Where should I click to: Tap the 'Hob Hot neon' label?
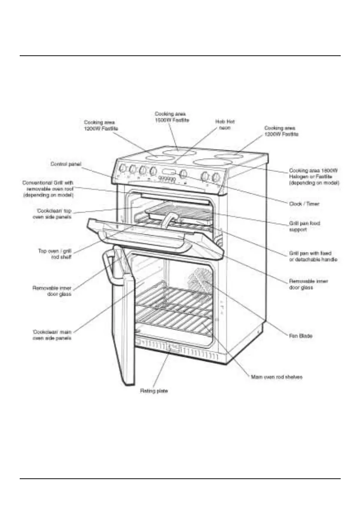225,124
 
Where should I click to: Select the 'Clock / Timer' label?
304,204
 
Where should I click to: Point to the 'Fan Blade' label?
300,336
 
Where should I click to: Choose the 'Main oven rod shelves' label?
276,377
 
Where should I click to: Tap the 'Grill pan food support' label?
304,226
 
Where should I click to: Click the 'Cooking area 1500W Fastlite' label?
172,117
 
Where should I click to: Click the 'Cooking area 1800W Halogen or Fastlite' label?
314,176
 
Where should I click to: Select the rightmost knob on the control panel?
216,177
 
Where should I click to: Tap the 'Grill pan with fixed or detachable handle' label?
313,256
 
